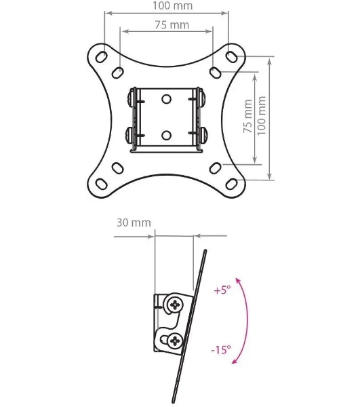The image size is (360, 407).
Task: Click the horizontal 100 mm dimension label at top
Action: click(x=172, y=5)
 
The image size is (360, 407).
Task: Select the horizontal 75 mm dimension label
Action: click(x=172, y=25)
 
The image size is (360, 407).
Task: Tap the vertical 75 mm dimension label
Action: click(x=247, y=116)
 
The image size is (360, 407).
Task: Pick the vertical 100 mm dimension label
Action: click(x=262, y=115)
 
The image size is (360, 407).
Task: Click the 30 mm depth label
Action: click(x=134, y=222)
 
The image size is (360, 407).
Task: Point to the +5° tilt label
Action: click(x=222, y=290)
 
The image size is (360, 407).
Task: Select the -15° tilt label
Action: click(x=221, y=349)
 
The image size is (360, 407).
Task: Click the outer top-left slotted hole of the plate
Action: click(x=102, y=56)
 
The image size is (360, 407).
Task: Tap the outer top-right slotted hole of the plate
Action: click(x=231, y=56)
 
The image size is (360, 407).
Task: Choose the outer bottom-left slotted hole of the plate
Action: click(x=102, y=184)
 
